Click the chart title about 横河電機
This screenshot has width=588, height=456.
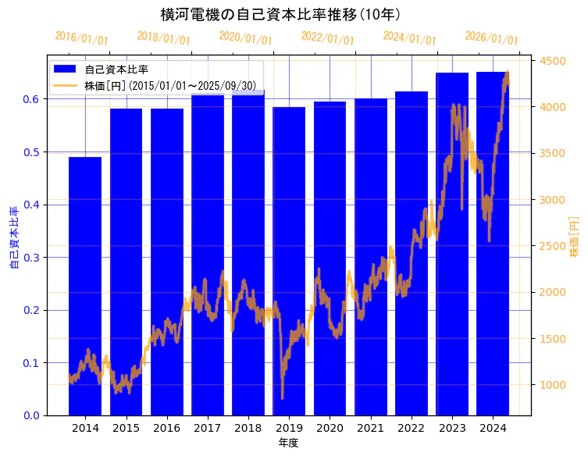click(x=280, y=14)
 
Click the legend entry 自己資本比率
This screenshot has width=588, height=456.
click(x=116, y=69)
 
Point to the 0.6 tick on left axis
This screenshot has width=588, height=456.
click(x=30, y=99)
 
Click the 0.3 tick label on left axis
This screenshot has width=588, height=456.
click(x=30, y=258)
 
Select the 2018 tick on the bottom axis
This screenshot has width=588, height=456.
click(x=248, y=428)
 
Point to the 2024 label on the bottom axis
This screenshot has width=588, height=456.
click(x=493, y=428)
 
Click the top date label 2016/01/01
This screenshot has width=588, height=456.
click(x=82, y=37)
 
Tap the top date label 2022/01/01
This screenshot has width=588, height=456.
click(x=327, y=37)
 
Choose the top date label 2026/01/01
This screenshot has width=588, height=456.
click(x=491, y=37)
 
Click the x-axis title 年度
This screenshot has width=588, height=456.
click(x=288, y=443)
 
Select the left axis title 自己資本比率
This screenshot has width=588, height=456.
click(x=13, y=238)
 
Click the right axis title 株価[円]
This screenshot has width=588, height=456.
click(x=574, y=238)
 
